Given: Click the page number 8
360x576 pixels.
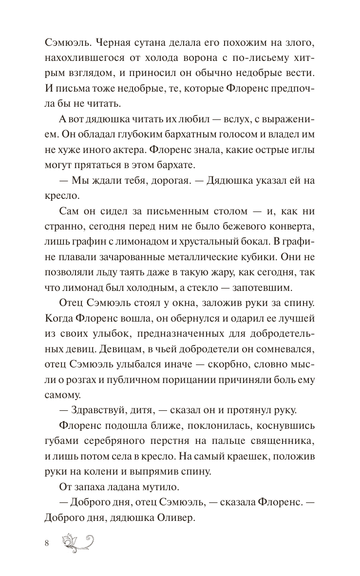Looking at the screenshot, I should tap(46, 543).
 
